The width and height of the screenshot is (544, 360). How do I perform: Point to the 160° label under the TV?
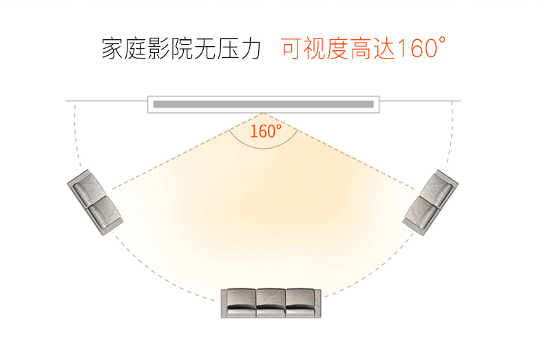pos(265,131)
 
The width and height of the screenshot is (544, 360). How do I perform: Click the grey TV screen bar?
pos(263,105)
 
